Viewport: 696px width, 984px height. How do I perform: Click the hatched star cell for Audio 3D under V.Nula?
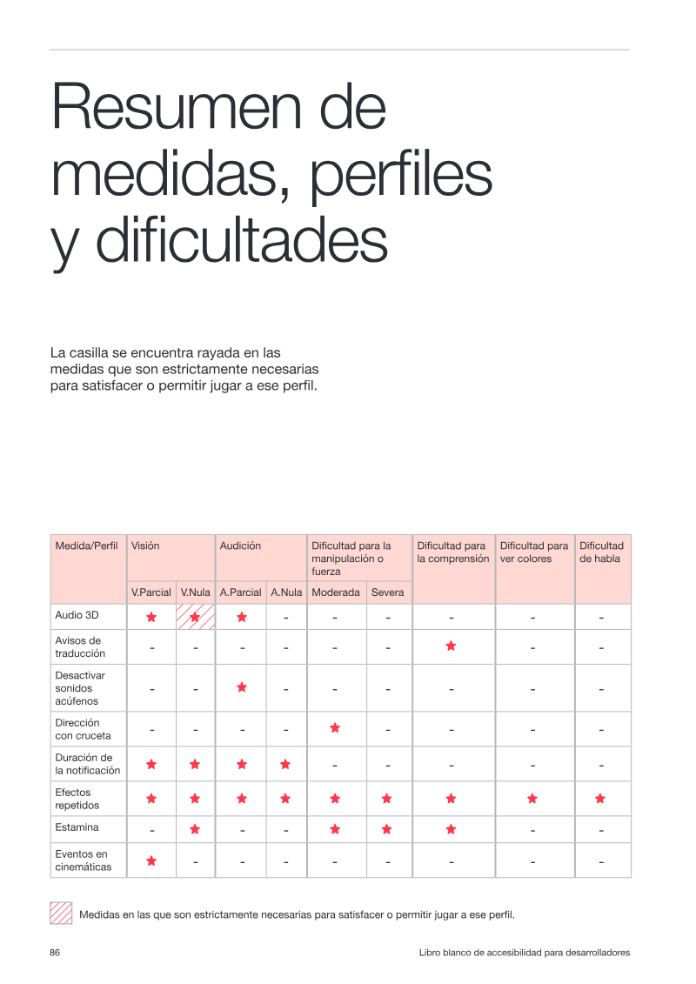[x=195, y=617]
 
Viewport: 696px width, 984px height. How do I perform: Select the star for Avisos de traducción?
[x=451, y=646]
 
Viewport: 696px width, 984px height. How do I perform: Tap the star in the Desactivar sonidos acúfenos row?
[x=242, y=687]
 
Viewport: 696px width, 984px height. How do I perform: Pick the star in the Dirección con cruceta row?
[x=335, y=728]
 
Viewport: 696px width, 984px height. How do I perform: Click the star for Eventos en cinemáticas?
[x=151, y=861]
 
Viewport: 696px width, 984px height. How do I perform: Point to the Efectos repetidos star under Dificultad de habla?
[x=600, y=798]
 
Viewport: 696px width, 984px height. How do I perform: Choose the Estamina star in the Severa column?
[x=386, y=829]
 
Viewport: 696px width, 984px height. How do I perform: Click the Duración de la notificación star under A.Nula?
[x=285, y=765]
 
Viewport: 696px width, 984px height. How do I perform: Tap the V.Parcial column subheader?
[x=151, y=592]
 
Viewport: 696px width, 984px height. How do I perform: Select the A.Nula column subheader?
[x=286, y=592]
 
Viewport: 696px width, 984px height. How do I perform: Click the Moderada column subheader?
[x=336, y=592]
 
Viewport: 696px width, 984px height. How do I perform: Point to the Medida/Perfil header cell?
[x=87, y=546]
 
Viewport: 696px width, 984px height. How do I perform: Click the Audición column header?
[x=240, y=546]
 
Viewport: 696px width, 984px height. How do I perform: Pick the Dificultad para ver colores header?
[x=534, y=552]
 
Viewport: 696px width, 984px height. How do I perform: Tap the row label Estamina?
[x=77, y=827]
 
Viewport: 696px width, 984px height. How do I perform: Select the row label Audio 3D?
[x=77, y=615]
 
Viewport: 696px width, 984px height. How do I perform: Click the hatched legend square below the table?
[x=61, y=913]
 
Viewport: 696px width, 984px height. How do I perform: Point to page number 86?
[x=55, y=953]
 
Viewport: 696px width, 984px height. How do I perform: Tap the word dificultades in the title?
[x=242, y=240]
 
